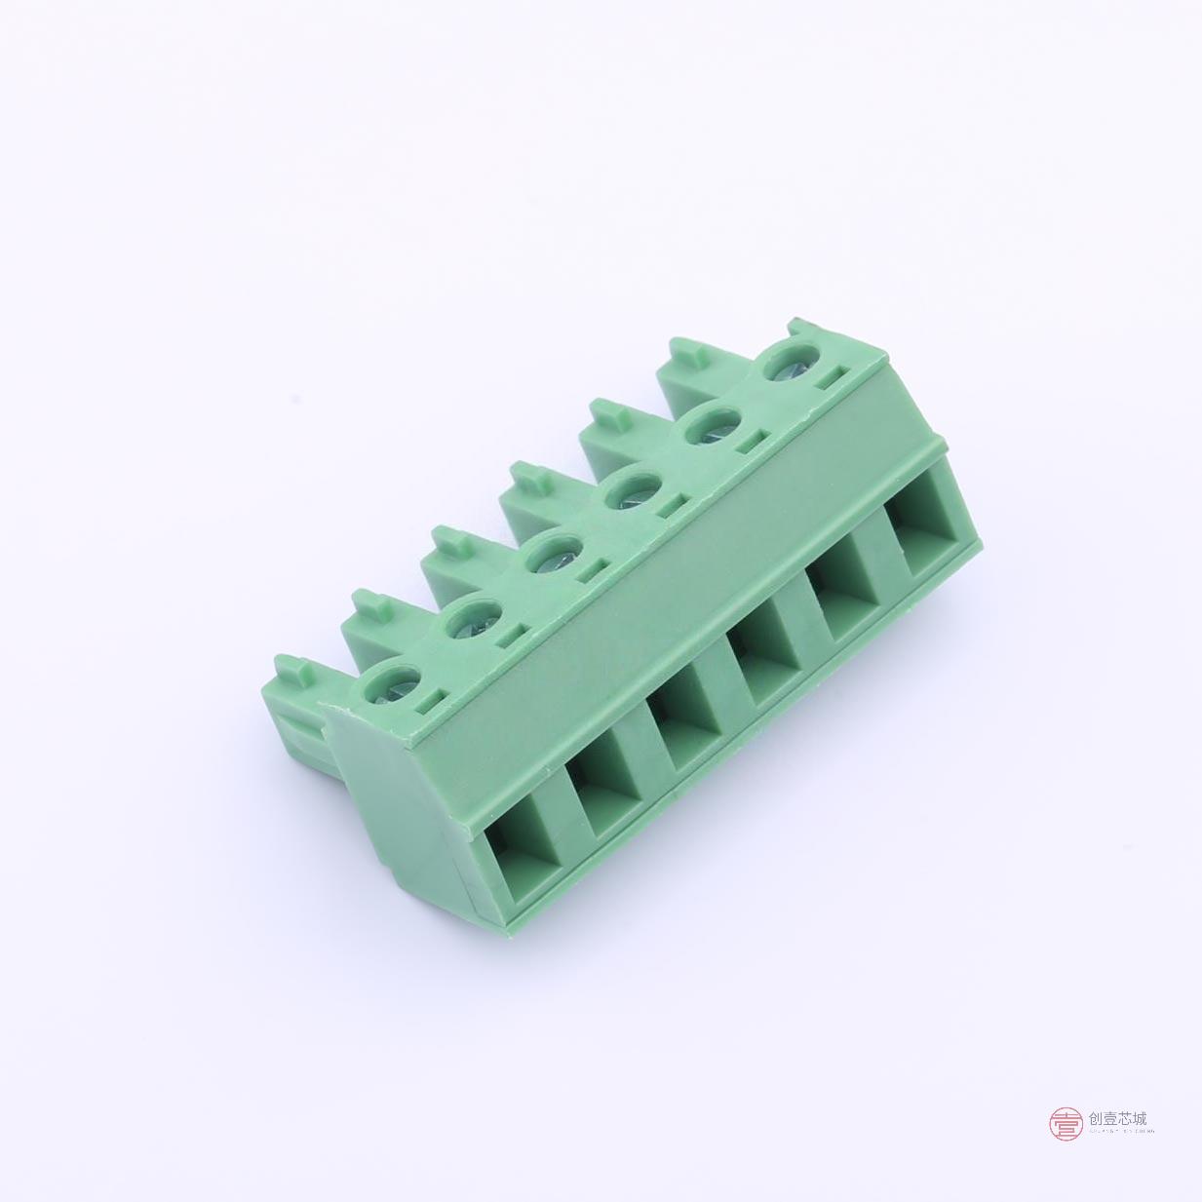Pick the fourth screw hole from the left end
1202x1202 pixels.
click(628, 492)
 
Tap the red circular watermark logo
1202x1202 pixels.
click(1066, 1124)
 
